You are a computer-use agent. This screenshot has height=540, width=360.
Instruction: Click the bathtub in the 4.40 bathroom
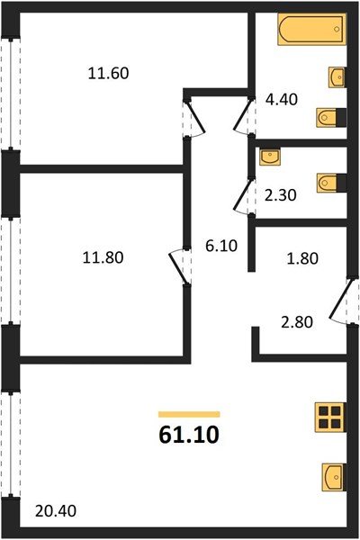311,30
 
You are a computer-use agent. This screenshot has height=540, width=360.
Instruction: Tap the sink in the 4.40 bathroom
337,77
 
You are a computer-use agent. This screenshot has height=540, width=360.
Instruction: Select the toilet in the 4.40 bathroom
331,118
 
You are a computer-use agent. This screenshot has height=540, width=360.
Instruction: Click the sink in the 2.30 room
270,157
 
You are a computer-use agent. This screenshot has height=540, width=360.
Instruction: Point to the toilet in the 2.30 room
331,183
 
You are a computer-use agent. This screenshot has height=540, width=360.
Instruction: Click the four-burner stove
329,418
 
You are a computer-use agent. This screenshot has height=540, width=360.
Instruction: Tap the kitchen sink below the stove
334,477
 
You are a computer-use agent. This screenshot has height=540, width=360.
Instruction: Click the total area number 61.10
189,435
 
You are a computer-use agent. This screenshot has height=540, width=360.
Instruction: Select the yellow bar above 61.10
189,414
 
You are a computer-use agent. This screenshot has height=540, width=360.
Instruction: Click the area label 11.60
109,74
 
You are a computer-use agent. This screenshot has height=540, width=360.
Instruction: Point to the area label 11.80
103,257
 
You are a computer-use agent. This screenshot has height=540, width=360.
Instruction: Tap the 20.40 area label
56,510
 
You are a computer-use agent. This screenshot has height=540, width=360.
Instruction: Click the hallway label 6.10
221,246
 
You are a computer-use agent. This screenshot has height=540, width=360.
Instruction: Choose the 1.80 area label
302,258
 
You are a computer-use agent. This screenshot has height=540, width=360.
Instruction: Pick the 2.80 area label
297,322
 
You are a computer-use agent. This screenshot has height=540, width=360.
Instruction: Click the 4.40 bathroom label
282,100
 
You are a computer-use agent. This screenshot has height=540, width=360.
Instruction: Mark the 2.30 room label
281,195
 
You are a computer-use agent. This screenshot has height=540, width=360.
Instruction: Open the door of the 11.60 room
194,118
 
